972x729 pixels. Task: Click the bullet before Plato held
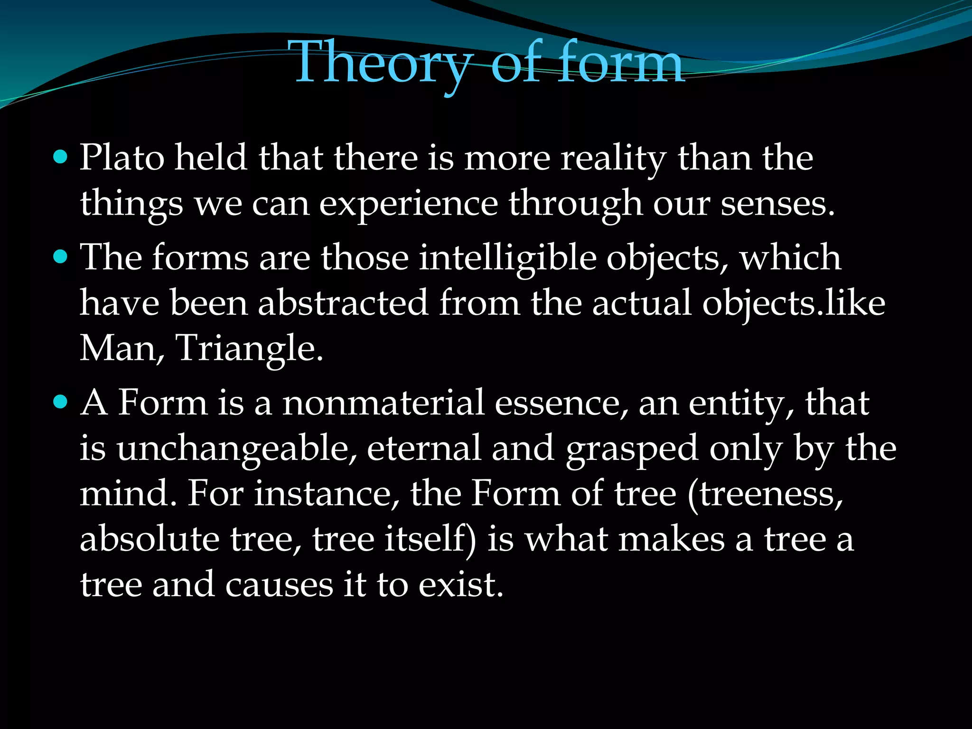61,157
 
